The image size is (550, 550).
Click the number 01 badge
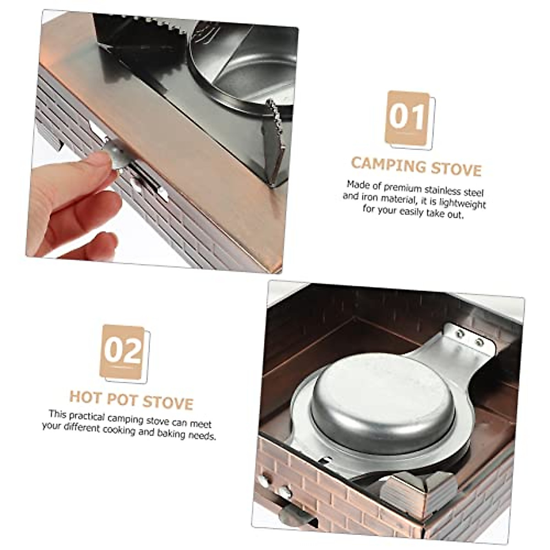click(408, 118)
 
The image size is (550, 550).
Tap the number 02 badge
click(122, 352)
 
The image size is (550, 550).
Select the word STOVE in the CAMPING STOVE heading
click(457, 169)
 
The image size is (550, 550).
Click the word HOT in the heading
click(85, 397)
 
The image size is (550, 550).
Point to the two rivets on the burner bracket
click(468, 338)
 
